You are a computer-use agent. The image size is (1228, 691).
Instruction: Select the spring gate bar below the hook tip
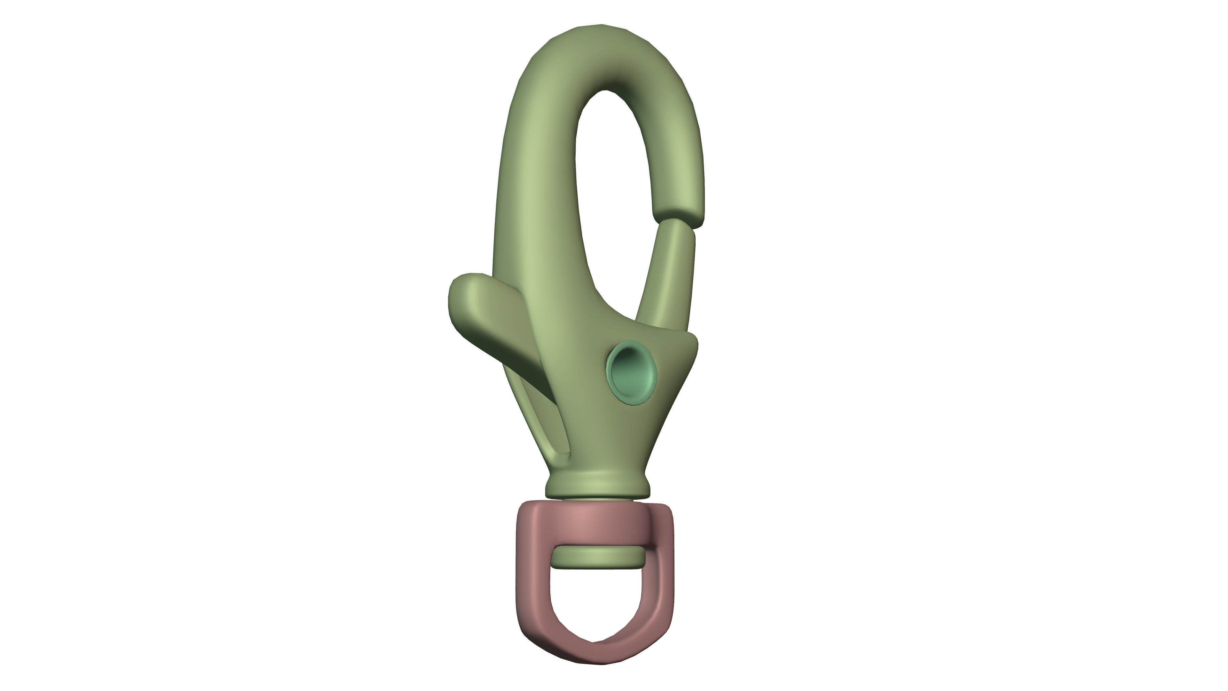[x=670, y=272]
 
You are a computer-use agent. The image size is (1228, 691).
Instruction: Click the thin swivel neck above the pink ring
[x=598, y=499]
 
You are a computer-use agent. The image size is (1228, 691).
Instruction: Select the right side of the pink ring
[x=660, y=582]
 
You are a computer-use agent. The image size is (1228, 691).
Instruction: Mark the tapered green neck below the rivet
[x=603, y=439]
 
